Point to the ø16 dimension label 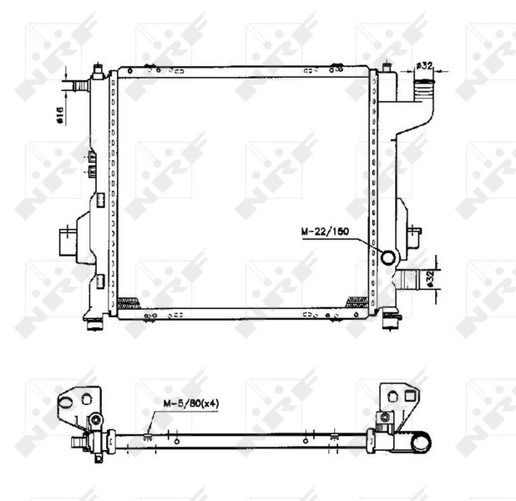click(x=60, y=114)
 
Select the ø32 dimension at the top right click(x=423, y=66)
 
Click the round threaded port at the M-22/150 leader click(x=388, y=257)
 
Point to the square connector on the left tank click(x=65, y=241)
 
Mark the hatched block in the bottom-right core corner click(x=362, y=301)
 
